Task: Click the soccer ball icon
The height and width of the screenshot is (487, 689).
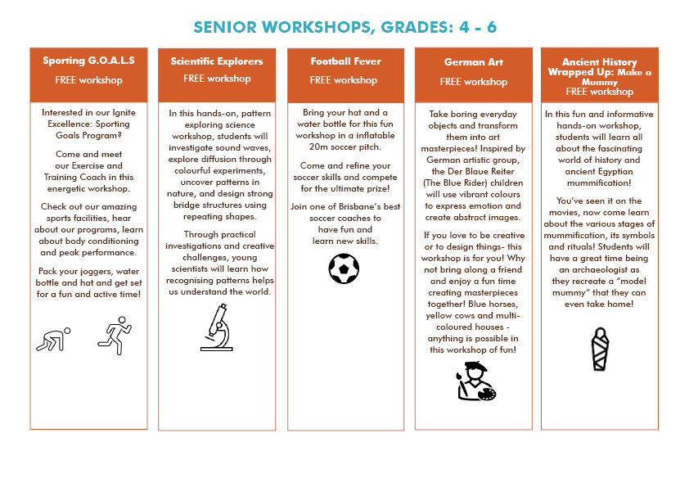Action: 344,268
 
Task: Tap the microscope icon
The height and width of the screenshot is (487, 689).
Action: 216,328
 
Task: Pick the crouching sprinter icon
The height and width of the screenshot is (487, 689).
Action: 54,338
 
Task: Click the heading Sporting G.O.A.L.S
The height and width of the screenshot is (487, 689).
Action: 88,61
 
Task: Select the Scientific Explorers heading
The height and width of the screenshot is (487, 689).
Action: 217,61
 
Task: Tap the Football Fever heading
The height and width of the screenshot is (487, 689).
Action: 343,61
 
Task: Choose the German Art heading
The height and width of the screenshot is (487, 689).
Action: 472,61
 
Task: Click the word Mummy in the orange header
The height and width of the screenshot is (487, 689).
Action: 599,82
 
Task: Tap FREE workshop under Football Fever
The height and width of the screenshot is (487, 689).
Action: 343,80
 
